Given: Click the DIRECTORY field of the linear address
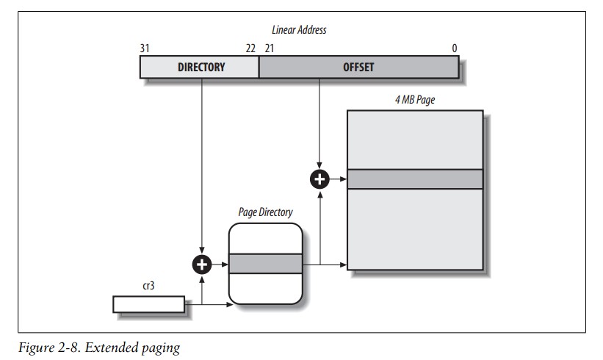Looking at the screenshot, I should (201, 67).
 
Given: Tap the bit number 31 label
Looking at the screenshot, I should (145, 48).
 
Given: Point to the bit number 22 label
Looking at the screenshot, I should (250, 48).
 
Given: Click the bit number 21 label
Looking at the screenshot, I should (269, 48).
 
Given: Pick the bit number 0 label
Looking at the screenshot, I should (455, 48).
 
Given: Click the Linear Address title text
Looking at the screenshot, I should (298, 30).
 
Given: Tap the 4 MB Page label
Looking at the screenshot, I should (414, 100).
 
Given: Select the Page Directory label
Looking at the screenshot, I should (265, 212).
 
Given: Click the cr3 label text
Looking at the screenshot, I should (148, 286).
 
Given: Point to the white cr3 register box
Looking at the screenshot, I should (148, 303).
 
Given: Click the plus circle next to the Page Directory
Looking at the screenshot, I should (201, 264).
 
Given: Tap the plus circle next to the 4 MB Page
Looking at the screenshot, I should (319, 179).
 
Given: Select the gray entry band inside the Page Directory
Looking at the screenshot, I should (265, 264).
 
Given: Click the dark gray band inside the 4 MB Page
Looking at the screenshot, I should (415, 179).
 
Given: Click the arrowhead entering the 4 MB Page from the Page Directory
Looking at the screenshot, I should (343, 264).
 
